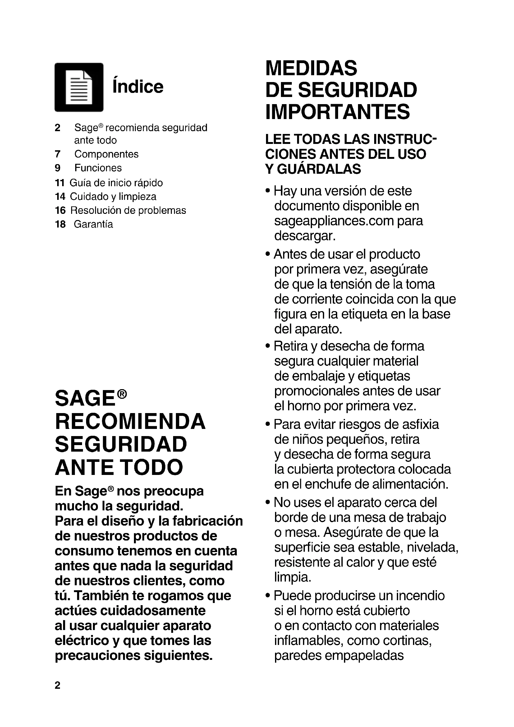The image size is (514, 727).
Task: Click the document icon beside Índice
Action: (79, 87)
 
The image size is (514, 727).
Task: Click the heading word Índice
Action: (138, 86)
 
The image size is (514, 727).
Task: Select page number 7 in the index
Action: (57, 154)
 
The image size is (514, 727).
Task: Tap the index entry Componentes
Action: (106, 154)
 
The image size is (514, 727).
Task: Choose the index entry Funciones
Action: (98, 168)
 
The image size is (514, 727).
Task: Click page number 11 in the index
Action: (59, 183)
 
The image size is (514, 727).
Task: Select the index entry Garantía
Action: (93, 224)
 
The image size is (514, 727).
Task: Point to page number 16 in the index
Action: (60, 210)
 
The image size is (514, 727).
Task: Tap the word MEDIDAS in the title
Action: (311, 68)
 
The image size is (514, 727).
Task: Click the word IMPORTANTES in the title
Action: (337, 112)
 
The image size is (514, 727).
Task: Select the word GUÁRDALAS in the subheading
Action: (319, 169)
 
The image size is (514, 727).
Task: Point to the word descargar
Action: (305, 236)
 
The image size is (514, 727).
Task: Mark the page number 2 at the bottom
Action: (57, 685)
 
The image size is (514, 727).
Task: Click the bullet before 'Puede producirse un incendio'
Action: (268, 596)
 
